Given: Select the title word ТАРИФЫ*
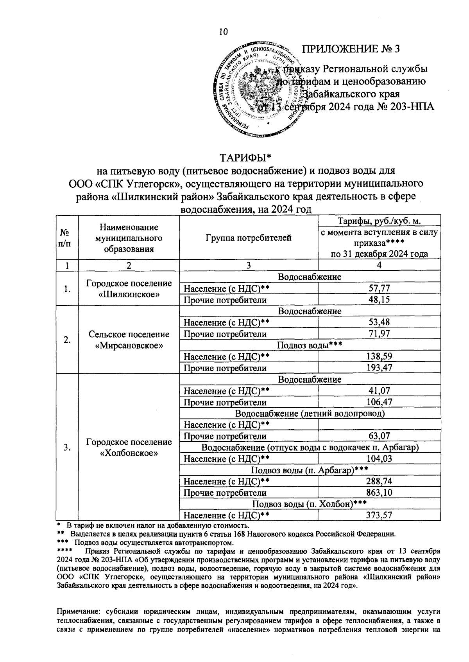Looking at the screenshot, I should [x=245, y=158].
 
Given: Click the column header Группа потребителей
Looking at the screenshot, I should [x=249, y=237].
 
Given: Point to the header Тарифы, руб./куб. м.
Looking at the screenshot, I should [x=379, y=221].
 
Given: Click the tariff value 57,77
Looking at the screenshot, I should [x=379, y=289].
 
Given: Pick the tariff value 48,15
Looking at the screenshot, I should [x=379, y=300].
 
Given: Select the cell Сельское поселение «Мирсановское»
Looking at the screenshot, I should [x=129, y=340].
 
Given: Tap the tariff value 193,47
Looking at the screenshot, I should [x=379, y=368].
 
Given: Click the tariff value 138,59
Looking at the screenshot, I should [x=379, y=356].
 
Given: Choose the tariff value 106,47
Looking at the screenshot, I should [x=379, y=402].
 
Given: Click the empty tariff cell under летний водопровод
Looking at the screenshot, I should [x=379, y=425].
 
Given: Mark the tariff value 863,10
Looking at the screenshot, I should [x=379, y=493].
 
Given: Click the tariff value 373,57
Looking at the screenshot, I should [x=379, y=515].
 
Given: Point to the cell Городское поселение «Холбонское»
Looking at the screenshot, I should [x=129, y=447].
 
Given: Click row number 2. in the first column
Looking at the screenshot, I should [x=67, y=340].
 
